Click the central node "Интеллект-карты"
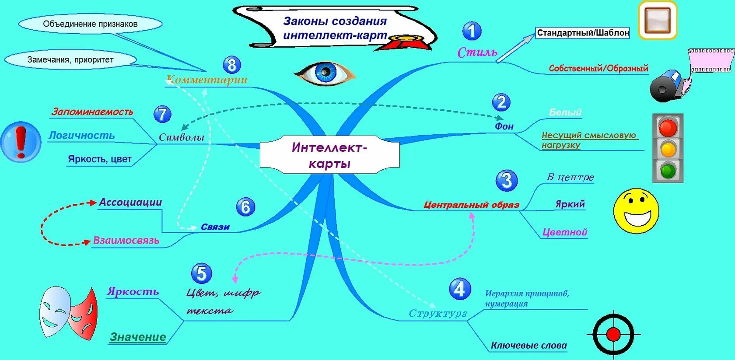coord(329,155)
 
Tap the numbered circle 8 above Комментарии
coord(232,65)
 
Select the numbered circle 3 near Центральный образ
coord(507,180)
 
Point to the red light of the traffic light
coord(668,128)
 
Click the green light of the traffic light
coord(668,170)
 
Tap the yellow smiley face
coord(636,211)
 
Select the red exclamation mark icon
coord(21,142)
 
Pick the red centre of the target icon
coord(613,335)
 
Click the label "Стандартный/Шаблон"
coord(583,33)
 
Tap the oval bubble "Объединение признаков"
coord(90,24)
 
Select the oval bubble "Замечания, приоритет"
coord(70,59)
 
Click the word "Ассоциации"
coord(130,202)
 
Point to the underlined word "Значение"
coord(138,337)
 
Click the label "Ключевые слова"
coord(528,346)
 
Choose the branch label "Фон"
coord(504,126)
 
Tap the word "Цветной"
coord(565,232)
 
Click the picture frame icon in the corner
coord(658,20)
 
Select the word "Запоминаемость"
coord(92,112)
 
